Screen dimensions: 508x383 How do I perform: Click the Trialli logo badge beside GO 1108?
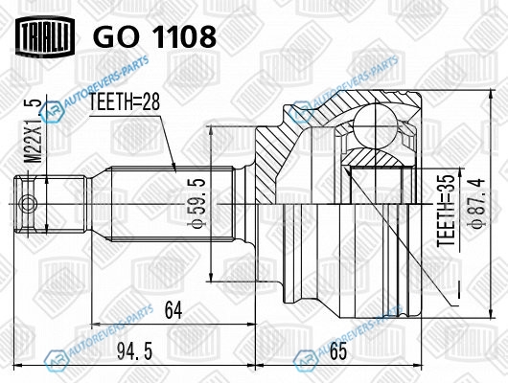point(45,35)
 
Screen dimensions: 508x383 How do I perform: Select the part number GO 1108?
point(154,36)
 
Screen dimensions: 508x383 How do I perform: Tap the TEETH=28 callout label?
point(125,102)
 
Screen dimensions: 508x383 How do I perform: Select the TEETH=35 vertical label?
point(447,211)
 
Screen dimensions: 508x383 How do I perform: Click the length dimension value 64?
point(173,309)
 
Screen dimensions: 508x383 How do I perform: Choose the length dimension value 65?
point(337,351)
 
